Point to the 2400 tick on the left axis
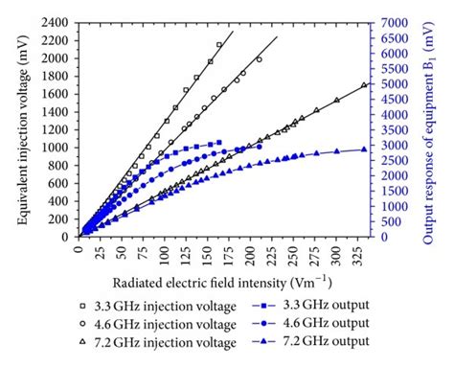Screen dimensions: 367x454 tap(58, 21)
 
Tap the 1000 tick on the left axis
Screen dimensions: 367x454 tap(58, 147)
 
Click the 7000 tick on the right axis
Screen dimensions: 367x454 tap(395, 21)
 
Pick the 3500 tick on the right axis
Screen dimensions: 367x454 tap(395, 129)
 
